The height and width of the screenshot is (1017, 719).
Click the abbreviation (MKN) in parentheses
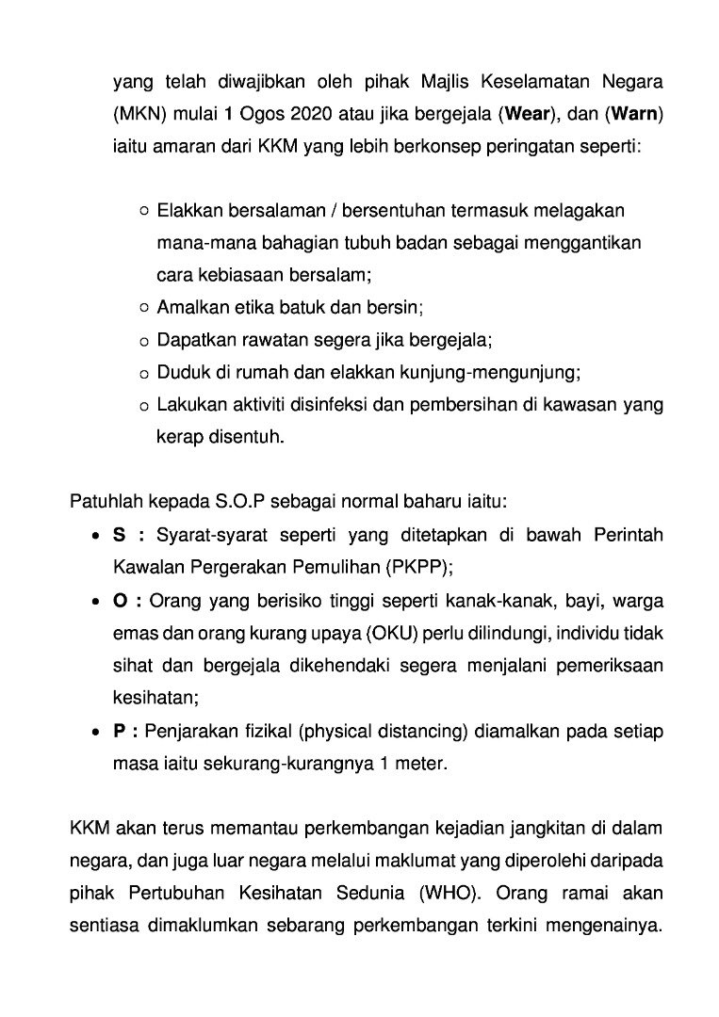pos(139,115)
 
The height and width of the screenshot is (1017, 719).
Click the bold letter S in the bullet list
pos(119,535)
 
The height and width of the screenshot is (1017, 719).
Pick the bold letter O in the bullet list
pos(120,601)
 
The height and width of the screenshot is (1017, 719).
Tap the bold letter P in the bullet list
pos(119,732)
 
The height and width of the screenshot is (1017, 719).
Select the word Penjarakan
pos(199,732)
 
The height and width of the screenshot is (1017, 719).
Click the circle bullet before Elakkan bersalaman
pos(143,211)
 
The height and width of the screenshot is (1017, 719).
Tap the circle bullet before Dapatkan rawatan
pos(143,340)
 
